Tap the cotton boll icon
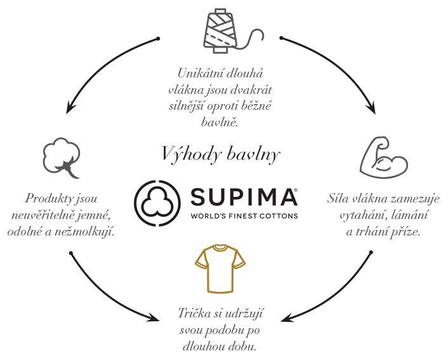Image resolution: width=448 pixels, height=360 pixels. coord(61,157)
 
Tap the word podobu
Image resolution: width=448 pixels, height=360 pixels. coord(230,331)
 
